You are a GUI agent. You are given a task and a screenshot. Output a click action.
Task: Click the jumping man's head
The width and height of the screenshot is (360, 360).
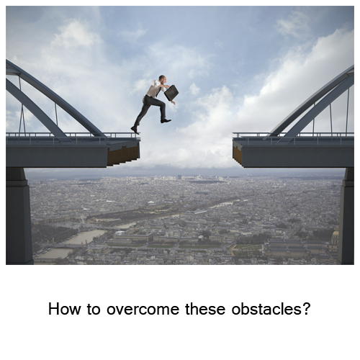pyautogui.click(x=162, y=79)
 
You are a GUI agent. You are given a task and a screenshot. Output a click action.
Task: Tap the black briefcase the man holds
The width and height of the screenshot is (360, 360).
pyautogui.click(x=171, y=93)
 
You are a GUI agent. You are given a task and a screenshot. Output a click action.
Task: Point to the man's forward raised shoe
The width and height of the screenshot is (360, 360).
pyautogui.click(x=166, y=121)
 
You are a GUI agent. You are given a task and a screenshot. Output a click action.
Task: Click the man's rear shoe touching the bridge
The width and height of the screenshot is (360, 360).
pyautogui.click(x=135, y=130)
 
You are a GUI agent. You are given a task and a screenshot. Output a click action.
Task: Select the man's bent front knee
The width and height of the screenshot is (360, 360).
pyautogui.click(x=163, y=104)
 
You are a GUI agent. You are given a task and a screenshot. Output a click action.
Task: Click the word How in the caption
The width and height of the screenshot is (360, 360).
pyautogui.click(x=64, y=309)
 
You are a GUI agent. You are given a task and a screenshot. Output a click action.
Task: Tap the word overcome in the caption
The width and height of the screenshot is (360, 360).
pyautogui.click(x=143, y=309)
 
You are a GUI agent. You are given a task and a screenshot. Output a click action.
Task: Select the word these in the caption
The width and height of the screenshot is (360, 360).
pyautogui.click(x=205, y=309)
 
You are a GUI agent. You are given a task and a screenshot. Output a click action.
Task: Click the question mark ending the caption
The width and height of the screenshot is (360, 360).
pyautogui.click(x=305, y=308)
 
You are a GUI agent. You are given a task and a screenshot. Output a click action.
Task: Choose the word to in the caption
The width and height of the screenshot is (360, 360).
pyautogui.click(x=94, y=310)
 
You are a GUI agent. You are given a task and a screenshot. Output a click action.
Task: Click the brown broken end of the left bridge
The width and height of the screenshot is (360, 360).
pyautogui.click(x=123, y=155)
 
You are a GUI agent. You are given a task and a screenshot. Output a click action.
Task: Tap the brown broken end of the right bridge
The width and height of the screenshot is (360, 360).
pyautogui.click(x=238, y=156)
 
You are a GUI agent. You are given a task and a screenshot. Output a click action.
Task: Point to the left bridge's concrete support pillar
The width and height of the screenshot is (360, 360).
pyautogui.click(x=19, y=216)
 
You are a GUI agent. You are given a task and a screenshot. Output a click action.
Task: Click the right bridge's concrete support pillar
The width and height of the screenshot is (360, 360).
pyautogui.click(x=346, y=216)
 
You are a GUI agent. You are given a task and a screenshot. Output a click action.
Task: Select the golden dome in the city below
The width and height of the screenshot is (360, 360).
pyautogui.click(x=335, y=234)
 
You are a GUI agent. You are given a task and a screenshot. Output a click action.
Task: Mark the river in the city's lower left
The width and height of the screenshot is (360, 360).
pyautogui.click(x=72, y=243)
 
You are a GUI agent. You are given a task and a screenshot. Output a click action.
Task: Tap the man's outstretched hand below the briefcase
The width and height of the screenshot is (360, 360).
pyautogui.click(x=174, y=102)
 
